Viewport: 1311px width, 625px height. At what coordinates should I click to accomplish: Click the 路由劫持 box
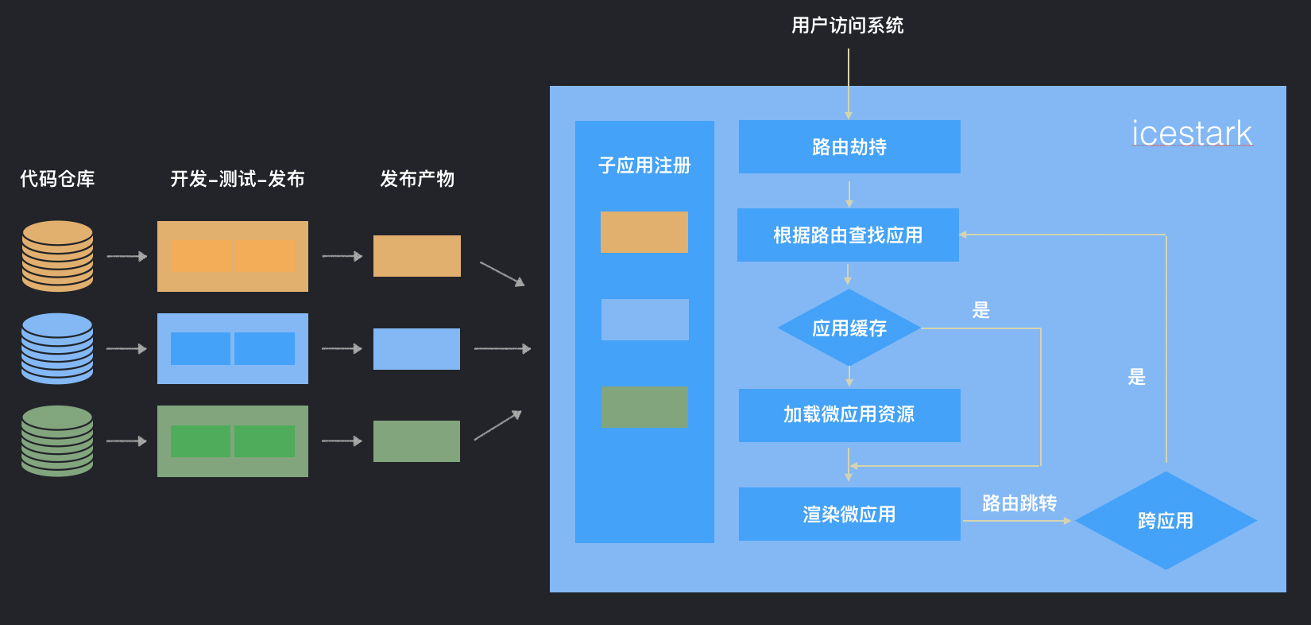pyautogui.click(x=849, y=147)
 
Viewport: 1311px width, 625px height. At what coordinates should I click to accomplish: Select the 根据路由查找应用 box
pyautogui.click(x=848, y=235)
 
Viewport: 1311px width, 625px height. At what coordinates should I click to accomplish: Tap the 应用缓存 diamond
pyautogui.click(x=849, y=328)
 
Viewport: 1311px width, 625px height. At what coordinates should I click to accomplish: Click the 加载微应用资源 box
pyautogui.click(x=849, y=415)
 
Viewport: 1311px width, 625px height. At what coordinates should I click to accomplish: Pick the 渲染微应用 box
pyautogui.click(x=849, y=514)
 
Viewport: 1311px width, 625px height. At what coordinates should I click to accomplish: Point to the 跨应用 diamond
pyautogui.click(x=1166, y=521)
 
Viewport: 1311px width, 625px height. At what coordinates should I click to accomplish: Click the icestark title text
pyautogui.click(x=1192, y=134)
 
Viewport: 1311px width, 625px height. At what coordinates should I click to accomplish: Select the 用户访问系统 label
pyautogui.click(x=848, y=25)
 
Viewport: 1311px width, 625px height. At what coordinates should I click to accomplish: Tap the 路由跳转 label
pyautogui.click(x=1019, y=503)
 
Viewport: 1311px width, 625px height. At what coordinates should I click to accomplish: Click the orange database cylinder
pyautogui.click(x=57, y=256)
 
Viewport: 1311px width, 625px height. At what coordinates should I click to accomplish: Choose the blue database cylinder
pyautogui.click(x=57, y=348)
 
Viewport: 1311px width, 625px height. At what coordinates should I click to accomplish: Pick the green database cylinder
pyautogui.click(x=57, y=441)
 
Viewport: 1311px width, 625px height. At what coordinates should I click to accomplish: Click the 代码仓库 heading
pyautogui.click(x=57, y=179)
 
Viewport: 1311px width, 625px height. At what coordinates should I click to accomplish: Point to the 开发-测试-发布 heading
pyautogui.click(x=238, y=179)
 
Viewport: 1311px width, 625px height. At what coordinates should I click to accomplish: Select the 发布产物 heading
pyautogui.click(x=417, y=179)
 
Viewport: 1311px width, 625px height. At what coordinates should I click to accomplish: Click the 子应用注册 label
pyautogui.click(x=644, y=165)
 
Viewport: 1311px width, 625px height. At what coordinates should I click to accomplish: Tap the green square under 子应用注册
pyautogui.click(x=644, y=406)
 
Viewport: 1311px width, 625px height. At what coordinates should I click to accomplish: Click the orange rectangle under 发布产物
pyautogui.click(x=417, y=256)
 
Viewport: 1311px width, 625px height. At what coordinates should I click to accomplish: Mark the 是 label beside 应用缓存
pyautogui.click(x=981, y=310)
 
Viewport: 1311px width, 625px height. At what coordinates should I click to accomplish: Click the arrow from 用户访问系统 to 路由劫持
pyautogui.click(x=849, y=83)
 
